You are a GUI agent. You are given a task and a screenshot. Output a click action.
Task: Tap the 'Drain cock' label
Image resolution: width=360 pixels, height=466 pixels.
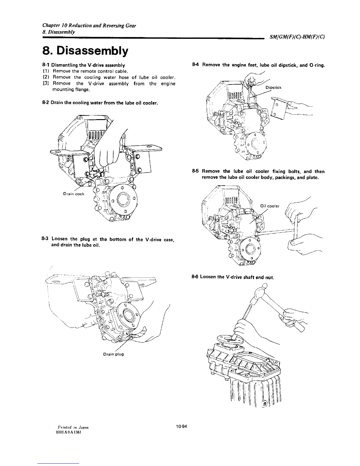74,194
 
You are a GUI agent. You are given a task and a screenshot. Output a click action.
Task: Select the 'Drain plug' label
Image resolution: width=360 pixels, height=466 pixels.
114,354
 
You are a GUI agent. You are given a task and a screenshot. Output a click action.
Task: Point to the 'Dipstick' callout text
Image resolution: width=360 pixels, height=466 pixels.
274,87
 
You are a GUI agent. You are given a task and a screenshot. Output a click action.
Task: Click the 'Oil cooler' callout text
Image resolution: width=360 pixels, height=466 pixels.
270,206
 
